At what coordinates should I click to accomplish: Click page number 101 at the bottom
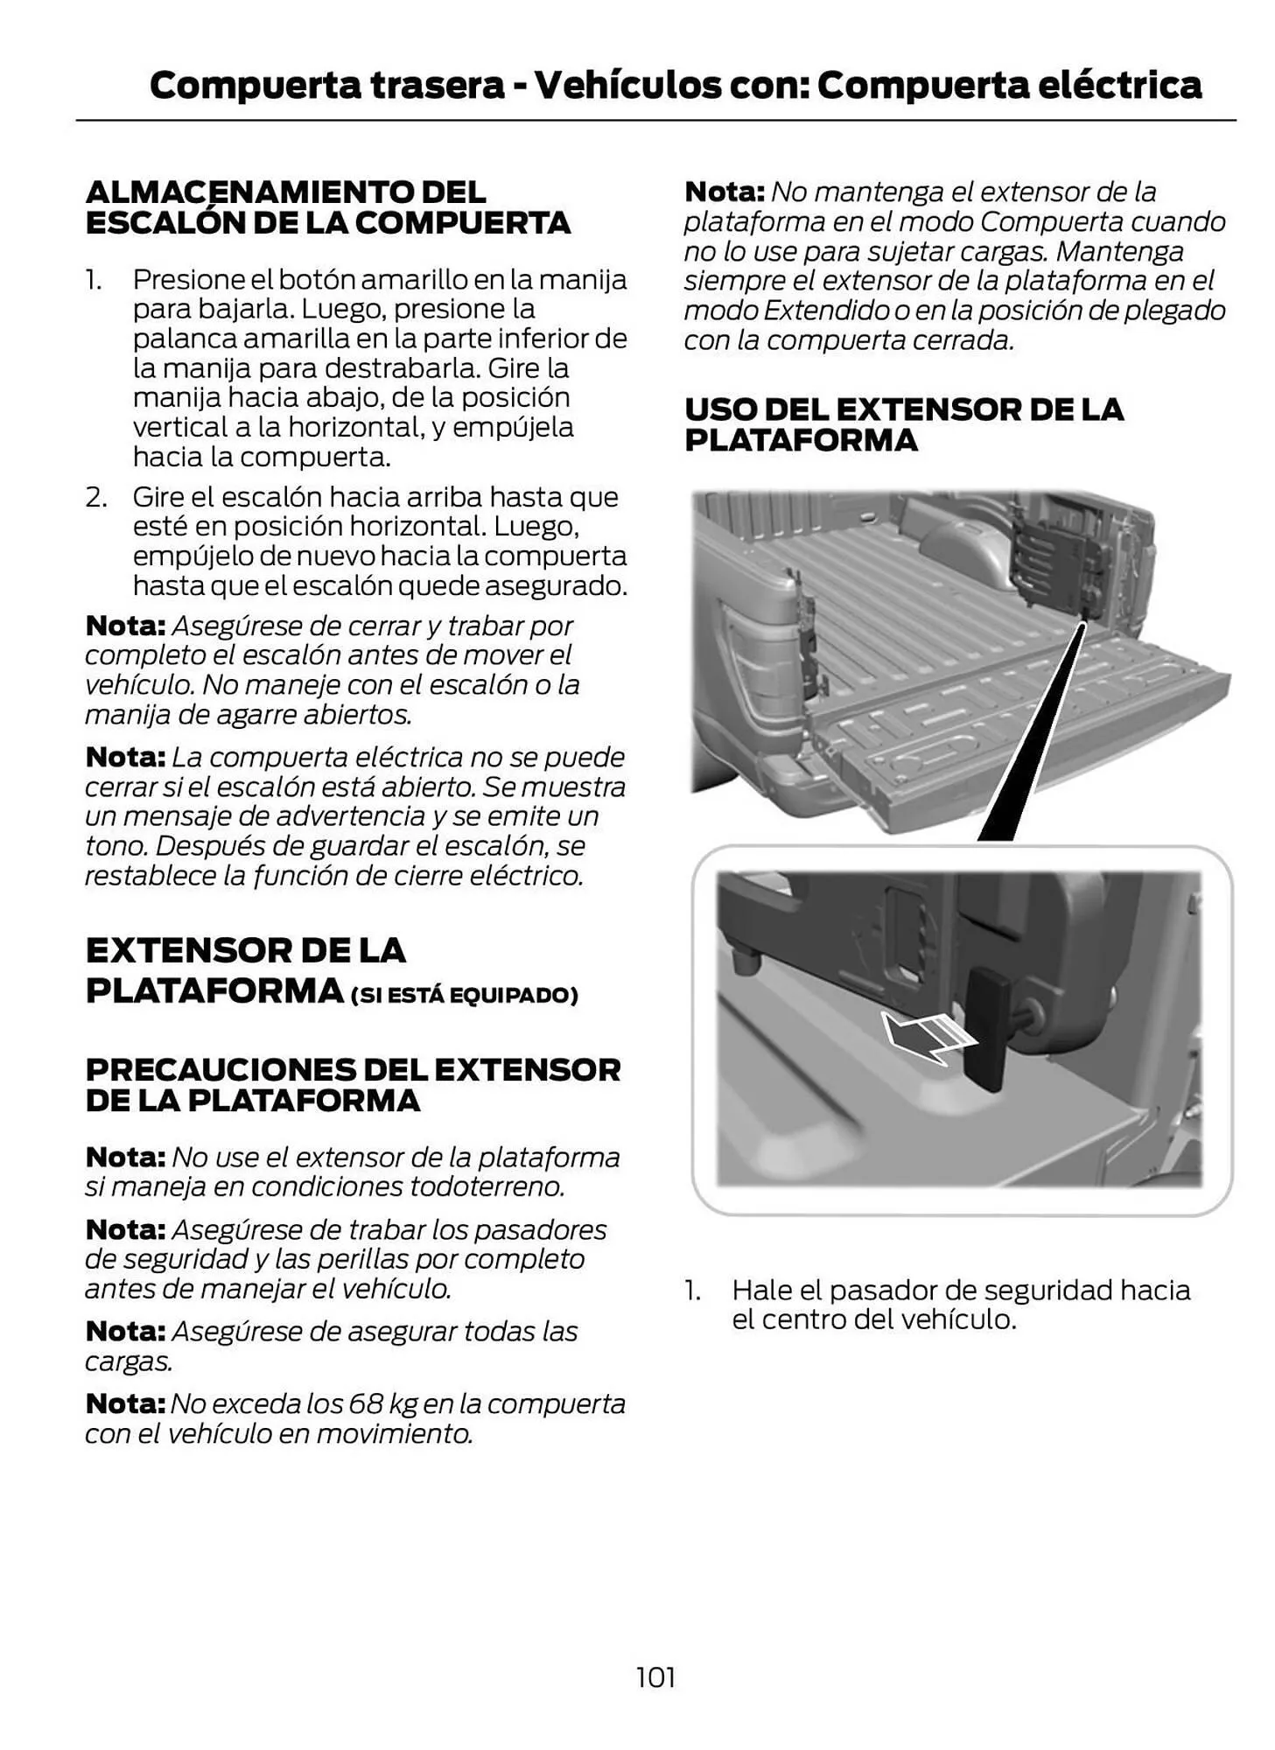coord(655,1677)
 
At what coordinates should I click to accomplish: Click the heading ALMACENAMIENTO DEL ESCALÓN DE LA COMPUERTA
coord(328,207)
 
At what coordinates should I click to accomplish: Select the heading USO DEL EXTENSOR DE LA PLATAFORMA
coord(903,424)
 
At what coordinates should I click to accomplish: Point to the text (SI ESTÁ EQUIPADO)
coord(464,995)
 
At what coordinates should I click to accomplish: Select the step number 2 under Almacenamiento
coord(96,497)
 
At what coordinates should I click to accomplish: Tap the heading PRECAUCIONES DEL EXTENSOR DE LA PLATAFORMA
coord(353,1084)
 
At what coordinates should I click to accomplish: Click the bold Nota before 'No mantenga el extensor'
coord(724,192)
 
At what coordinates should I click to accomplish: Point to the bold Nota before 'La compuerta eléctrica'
coord(125,757)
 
